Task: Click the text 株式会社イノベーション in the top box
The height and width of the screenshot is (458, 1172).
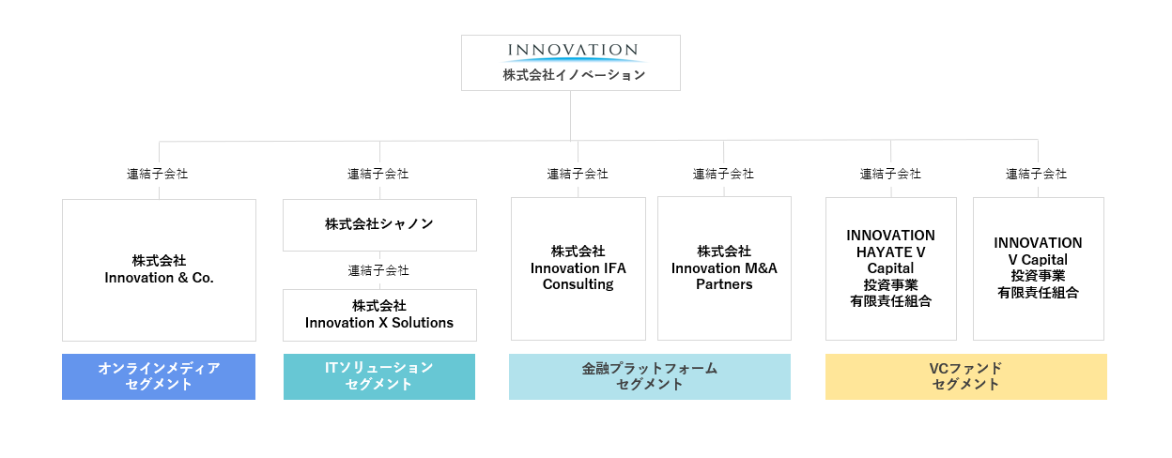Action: [574, 75]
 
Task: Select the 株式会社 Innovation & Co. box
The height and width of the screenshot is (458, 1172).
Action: [159, 270]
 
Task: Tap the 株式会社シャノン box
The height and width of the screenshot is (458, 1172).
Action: [379, 225]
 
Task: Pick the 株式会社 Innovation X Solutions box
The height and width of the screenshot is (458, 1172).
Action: [379, 315]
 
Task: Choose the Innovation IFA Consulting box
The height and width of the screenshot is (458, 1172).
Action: [578, 268]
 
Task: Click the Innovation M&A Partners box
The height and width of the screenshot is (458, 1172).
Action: [724, 268]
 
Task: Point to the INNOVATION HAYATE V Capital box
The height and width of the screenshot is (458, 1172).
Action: [891, 268]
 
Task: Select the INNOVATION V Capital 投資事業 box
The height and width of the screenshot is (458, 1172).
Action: [1039, 268]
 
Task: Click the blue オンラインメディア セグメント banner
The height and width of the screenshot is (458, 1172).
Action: [159, 377]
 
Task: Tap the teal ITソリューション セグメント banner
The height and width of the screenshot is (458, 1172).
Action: [379, 377]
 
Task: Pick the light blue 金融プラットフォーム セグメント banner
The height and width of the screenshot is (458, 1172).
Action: [650, 377]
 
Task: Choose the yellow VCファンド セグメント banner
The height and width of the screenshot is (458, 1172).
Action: [966, 377]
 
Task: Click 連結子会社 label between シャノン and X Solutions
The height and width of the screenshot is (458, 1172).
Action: [378, 270]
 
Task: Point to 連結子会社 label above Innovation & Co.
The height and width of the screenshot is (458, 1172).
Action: [158, 174]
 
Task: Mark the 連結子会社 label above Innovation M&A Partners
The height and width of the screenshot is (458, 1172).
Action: [724, 174]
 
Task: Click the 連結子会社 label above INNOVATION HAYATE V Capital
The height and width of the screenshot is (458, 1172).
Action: [890, 174]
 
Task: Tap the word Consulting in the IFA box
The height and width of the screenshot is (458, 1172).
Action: [578, 284]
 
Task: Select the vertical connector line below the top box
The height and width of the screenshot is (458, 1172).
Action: [570, 116]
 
